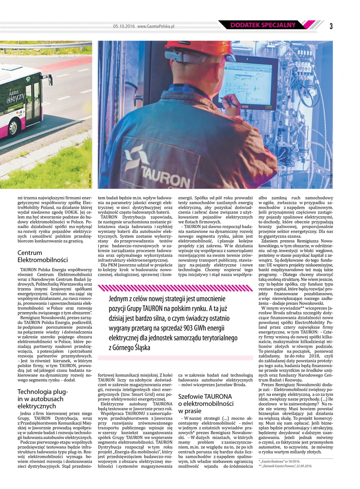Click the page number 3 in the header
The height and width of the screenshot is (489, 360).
coord(330,26)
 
